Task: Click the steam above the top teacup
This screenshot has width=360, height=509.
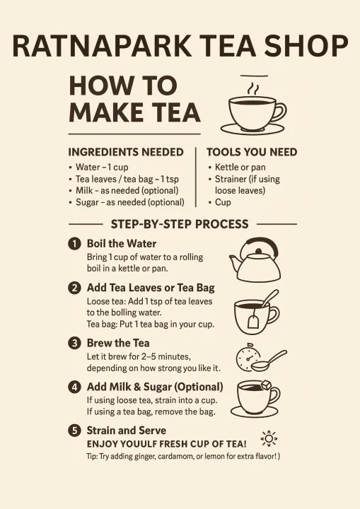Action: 253,88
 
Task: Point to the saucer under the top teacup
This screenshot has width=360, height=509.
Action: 252,129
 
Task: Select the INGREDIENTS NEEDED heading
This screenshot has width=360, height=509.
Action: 126,152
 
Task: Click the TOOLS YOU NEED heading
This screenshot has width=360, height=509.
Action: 252,152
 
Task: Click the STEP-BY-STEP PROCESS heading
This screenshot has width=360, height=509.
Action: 180,224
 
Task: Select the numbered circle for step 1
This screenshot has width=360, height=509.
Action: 74,243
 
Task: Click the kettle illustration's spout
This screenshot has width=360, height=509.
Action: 235,262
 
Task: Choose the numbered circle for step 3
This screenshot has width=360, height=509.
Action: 74,343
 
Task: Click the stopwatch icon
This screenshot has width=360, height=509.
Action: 248,358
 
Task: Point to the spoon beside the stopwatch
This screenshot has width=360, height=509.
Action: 269,361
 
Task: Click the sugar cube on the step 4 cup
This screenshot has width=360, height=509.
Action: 266,385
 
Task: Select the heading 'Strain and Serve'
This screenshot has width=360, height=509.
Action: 127,431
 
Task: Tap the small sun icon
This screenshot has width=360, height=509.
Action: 269,439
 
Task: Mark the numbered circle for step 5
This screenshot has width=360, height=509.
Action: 74,431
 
